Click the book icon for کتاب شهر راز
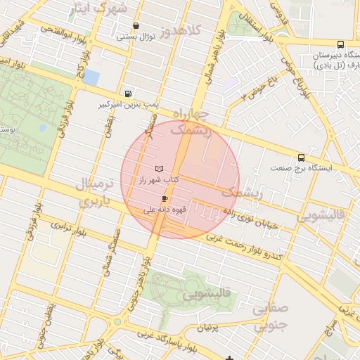click(159, 169)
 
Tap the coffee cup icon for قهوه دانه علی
click(165, 199)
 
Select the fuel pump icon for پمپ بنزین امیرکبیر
click(127, 94)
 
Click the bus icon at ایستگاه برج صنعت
click(302, 157)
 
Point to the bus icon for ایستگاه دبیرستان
click(340, 43)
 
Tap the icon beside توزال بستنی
click(136, 25)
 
